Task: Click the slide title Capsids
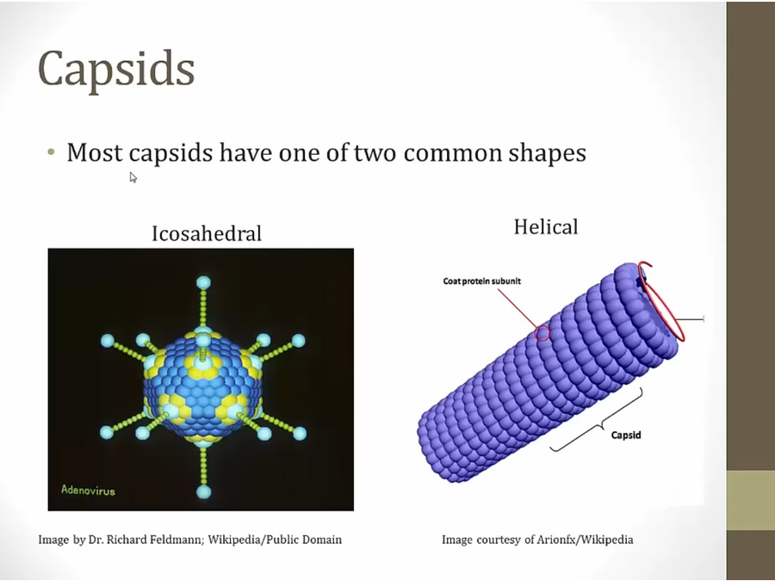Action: [x=116, y=70]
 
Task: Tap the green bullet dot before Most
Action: [x=51, y=152]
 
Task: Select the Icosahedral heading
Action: [x=207, y=233]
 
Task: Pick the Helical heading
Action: [x=546, y=227]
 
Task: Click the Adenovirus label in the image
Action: [x=88, y=490]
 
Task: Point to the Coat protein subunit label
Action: [x=482, y=281]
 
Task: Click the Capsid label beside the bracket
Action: [x=626, y=435]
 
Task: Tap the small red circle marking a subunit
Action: [x=542, y=333]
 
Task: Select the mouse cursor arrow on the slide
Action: [x=133, y=177]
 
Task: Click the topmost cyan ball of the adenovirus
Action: [x=203, y=282]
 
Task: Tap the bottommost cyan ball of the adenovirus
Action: [x=203, y=491]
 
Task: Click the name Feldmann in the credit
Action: [x=179, y=540]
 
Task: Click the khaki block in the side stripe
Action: [x=750, y=500]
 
